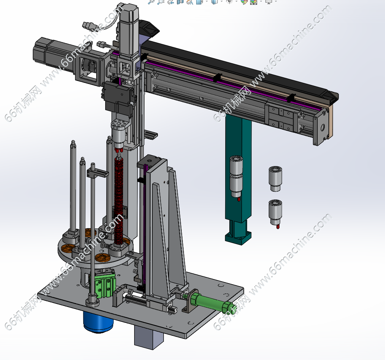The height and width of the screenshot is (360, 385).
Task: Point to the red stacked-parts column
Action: coord(119,199)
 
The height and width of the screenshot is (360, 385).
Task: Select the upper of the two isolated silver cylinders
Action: coord(275,179)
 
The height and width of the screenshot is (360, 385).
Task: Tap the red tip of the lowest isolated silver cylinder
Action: coord(278,226)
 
